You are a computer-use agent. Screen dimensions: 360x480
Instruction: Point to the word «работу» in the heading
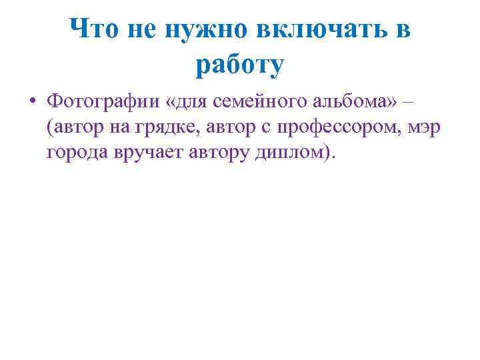point(240,65)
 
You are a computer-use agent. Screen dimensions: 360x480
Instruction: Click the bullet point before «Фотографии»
point(31,103)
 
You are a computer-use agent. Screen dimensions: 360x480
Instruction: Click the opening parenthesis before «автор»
point(49,127)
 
